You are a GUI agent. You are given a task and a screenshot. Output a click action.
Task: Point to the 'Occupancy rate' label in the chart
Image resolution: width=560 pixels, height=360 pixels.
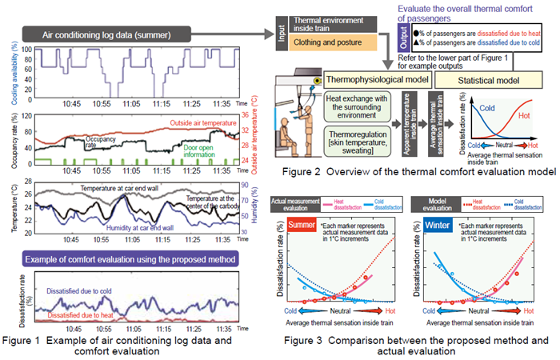[x=102, y=142]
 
